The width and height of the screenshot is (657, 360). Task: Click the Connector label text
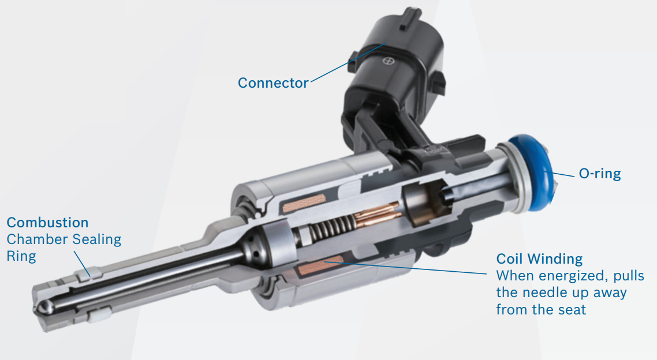click(x=273, y=83)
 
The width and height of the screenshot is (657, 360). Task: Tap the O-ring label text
click(x=600, y=174)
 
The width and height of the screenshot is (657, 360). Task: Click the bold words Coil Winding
click(x=539, y=258)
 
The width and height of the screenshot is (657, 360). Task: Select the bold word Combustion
click(x=47, y=223)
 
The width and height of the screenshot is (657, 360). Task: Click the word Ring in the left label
click(x=21, y=256)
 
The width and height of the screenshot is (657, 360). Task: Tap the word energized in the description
click(x=568, y=276)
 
